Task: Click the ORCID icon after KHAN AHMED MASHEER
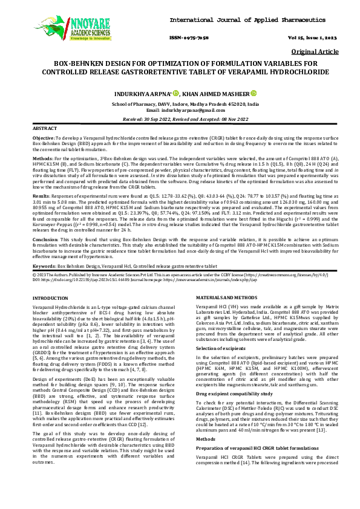pos(254,94)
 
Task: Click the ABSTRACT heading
pos(44,129)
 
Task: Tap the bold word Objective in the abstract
pos(44,138)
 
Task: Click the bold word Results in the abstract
pos(41,196)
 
